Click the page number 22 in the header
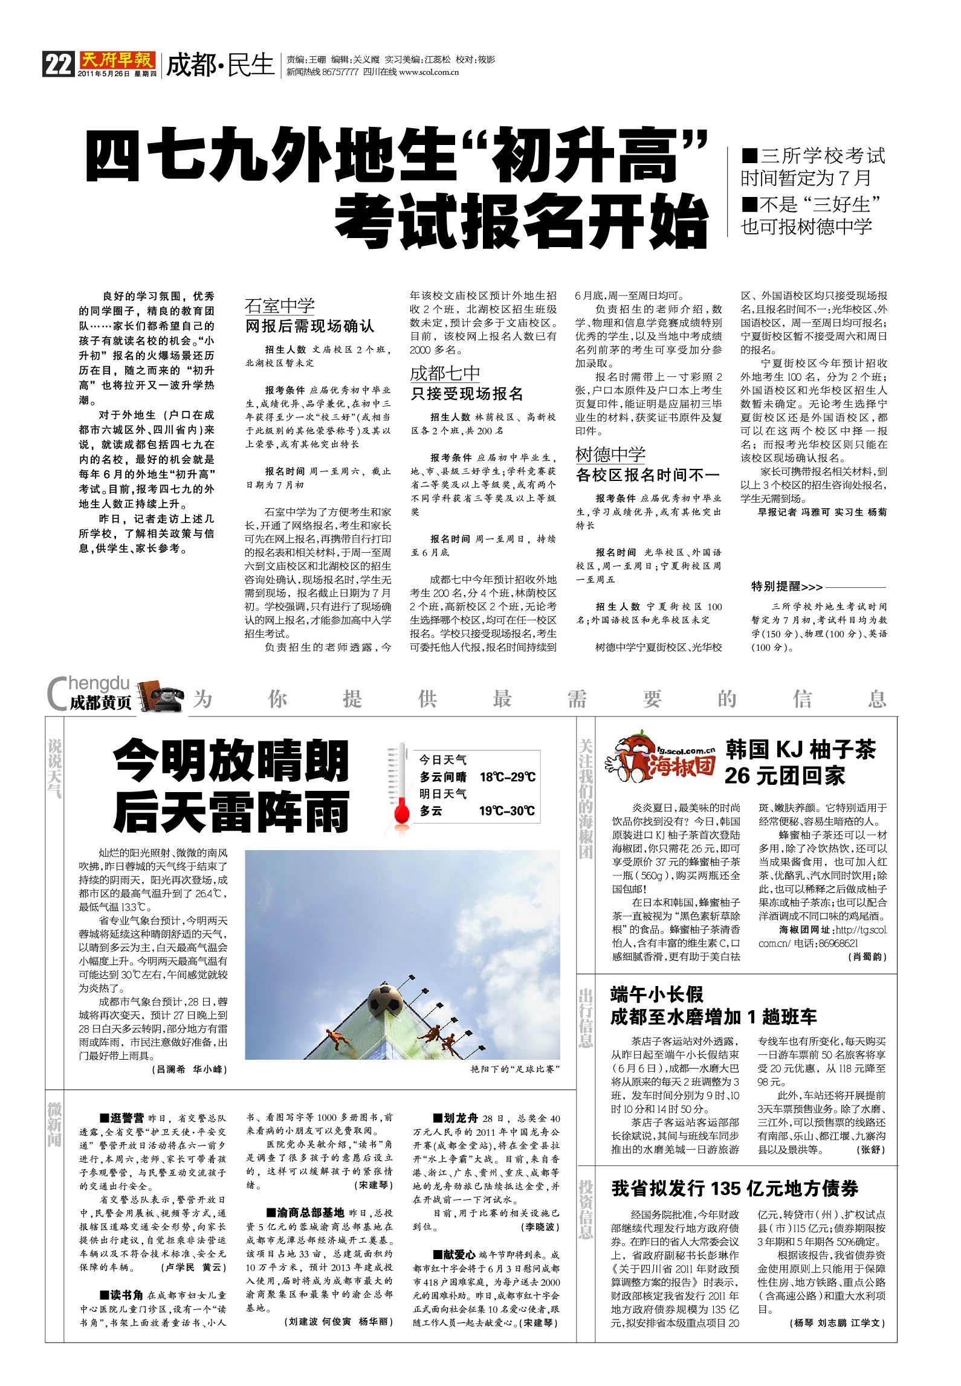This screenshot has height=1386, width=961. (58, 63)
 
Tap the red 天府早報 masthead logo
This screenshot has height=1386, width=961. (117, 60)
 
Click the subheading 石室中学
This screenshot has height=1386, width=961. (280, 306)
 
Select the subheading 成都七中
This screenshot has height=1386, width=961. (445, 373)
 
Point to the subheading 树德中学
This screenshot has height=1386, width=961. (610, 454)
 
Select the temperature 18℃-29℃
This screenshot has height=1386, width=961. (507, 777)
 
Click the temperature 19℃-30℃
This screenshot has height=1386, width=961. (507, 811)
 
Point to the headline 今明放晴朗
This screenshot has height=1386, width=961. (231, 762)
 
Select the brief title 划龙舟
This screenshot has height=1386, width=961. (459, 1118)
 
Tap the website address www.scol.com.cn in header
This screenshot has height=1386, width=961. (429, 72)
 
